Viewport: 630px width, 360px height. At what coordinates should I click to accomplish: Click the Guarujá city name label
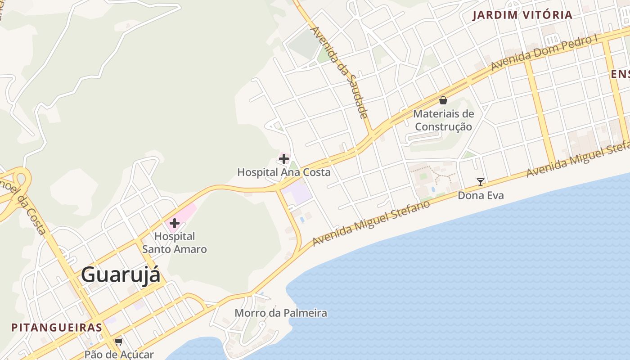121,275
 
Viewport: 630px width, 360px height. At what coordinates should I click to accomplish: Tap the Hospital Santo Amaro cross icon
175,223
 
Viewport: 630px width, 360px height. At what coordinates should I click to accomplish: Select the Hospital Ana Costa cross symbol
284,158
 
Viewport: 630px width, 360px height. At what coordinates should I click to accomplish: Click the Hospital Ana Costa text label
284,172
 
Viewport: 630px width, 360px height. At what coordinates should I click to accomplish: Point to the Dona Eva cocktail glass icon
481,182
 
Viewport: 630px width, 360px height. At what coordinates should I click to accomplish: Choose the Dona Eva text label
481,195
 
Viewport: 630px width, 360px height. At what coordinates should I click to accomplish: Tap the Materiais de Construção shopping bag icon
443,100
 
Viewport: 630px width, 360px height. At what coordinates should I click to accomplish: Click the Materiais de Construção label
443,120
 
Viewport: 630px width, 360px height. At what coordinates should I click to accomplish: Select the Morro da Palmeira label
281,313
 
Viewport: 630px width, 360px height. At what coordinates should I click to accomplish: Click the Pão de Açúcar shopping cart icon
119,342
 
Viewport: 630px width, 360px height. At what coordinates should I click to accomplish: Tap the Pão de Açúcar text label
119,355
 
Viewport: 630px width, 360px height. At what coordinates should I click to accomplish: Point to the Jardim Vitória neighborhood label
522,15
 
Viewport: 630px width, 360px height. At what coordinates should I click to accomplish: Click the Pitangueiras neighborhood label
57,327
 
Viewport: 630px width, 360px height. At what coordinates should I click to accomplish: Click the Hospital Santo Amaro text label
175,243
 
